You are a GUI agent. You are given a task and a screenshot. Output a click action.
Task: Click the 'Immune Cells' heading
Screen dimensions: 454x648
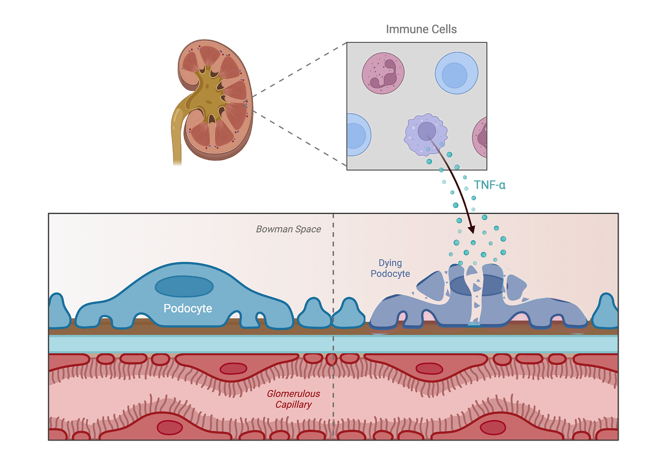point(421,29)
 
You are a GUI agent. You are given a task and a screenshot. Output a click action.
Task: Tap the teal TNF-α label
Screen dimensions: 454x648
point(490,185)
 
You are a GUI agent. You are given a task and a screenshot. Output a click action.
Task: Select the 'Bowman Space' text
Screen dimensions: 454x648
point(288,229)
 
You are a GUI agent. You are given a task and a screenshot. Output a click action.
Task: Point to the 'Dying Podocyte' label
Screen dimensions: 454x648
point(390,268)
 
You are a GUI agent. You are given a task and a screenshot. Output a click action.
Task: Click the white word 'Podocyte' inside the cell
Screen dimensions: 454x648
point(188,308)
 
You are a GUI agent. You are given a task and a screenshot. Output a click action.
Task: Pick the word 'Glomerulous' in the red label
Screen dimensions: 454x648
point(293,393)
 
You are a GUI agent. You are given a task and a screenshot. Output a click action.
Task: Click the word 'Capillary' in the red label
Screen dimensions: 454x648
point(293,405)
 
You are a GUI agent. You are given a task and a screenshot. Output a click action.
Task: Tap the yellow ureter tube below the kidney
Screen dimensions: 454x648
point(177,142)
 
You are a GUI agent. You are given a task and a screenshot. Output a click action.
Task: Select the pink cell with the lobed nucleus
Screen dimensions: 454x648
point(383,73)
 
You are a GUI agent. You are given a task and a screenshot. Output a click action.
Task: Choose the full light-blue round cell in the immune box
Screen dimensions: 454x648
point(456,73)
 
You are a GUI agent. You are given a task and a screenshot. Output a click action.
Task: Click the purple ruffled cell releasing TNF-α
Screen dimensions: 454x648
point(426,134)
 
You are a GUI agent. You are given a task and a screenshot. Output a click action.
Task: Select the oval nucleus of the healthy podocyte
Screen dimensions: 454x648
point(184,286)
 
